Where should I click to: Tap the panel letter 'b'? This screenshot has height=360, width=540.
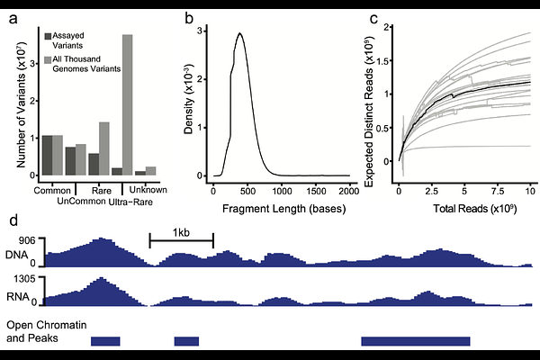pyautogui.click(x=188, y=16)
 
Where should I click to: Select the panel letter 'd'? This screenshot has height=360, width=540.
pyautogui.click(x=12, y=220)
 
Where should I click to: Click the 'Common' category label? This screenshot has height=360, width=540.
pyautogui.click(x=51, y=190)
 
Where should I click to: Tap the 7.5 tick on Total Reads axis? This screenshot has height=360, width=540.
pyautogui.click(x=498, y=192)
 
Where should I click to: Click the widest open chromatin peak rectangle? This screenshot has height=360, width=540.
pyautogui.click(x=416, y=341)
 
